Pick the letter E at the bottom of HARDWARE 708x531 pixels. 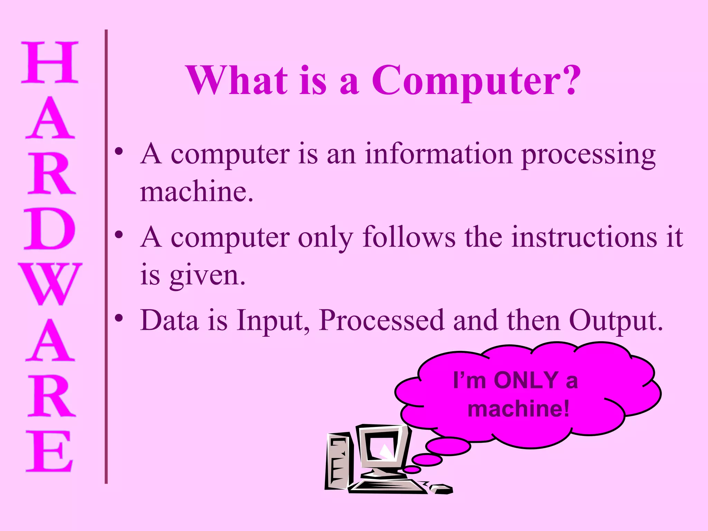click(x=50, y=451)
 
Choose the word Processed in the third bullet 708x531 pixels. click(x=381, y=320)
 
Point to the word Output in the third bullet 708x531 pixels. click(x=613, y=320)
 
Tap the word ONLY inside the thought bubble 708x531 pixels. click(x=527, y=380)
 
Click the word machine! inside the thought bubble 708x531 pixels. click(x=518, y=409)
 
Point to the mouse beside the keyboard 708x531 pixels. click(x=442, y=488)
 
